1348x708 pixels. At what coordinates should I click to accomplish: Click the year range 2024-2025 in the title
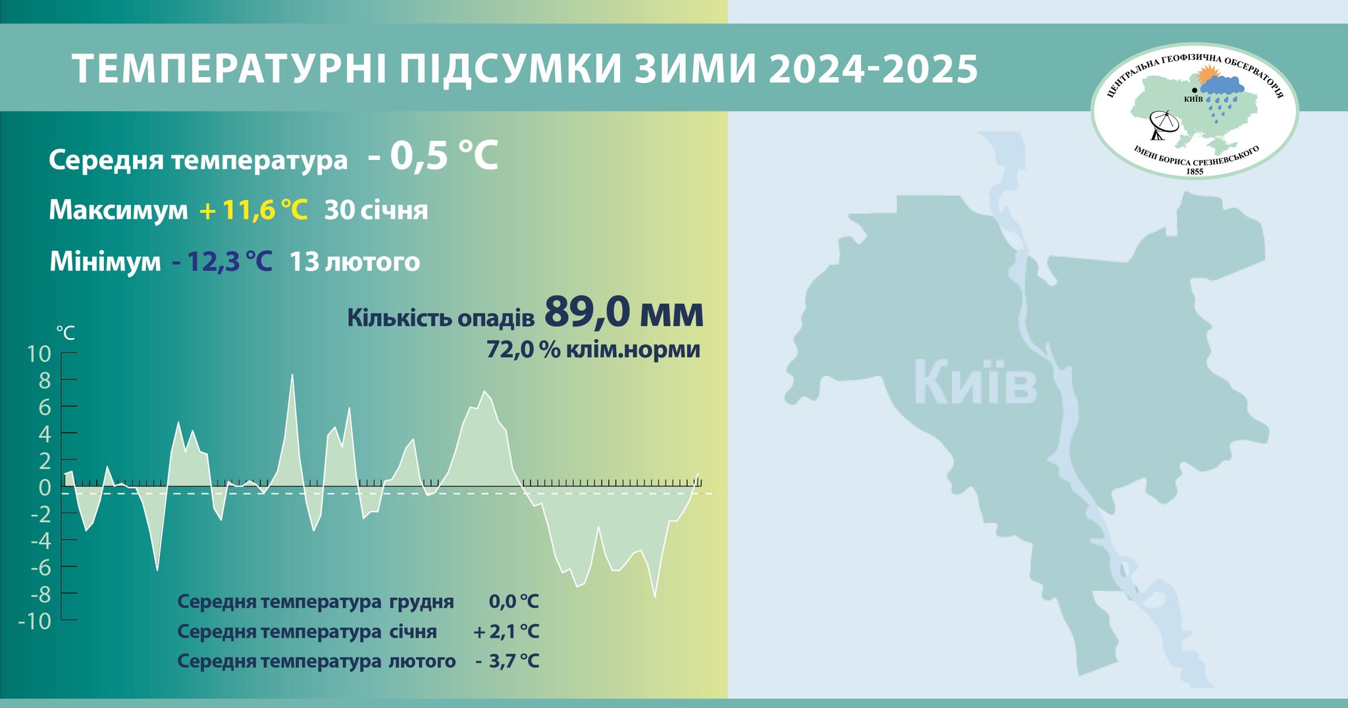873,68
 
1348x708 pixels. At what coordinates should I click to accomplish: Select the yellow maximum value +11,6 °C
253,209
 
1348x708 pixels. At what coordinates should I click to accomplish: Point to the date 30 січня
376,210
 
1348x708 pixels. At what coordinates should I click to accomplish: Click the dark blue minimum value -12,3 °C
222,261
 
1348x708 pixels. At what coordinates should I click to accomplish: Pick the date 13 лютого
355,261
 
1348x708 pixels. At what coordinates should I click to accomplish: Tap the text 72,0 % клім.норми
593,349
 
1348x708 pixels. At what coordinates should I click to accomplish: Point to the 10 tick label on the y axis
38,354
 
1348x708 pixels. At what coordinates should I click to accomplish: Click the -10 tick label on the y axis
34,621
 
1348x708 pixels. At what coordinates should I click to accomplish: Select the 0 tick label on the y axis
44,487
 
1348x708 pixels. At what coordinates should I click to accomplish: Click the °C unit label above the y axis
65,333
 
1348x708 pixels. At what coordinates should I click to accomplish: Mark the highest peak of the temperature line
292,375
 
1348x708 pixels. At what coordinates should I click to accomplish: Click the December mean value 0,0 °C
513,601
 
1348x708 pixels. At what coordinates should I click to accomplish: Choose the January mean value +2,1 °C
506,632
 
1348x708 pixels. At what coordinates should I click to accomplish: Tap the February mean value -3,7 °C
507,661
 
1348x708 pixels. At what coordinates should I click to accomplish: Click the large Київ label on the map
975,383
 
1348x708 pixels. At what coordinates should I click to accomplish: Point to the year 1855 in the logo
1194,171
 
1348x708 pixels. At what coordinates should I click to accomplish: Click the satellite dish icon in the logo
1162,124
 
